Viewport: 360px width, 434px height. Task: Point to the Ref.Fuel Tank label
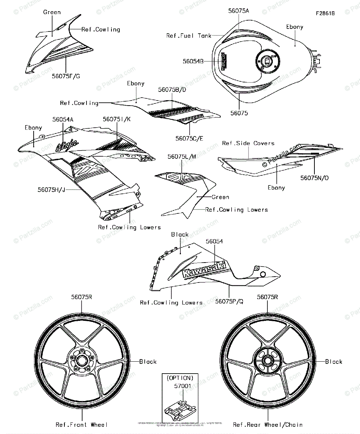click(x=189, y=36)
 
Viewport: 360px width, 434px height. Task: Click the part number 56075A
click(x=239, y=11)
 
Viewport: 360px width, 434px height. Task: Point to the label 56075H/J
click(x=52, y=189)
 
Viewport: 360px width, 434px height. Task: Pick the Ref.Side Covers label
click(x=248, y=143)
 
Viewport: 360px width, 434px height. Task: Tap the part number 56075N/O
click(x=314, y=178)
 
